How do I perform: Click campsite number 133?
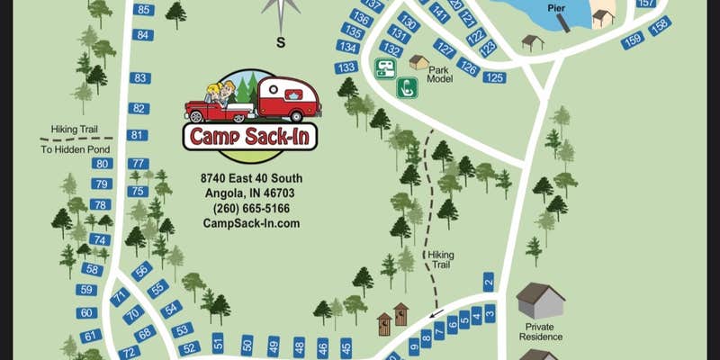(x=346, y=67)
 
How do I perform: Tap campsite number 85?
(x=143, y=10)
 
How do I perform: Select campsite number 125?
(x=494, y=77)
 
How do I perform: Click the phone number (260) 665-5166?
(x=251, y=209)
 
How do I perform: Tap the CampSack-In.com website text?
(x=251, y=224)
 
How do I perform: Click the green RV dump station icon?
(x=385, y=67)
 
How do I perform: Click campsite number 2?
(x=489, y=283)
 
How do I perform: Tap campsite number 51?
(x=218, y=342)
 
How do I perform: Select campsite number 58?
(x=91, y=268)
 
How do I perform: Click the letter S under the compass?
(x=280, y=41)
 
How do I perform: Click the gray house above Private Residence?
(x=540, y=299)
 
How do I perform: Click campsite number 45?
(x=346, y=346)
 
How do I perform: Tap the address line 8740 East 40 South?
(x=251, y=178)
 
